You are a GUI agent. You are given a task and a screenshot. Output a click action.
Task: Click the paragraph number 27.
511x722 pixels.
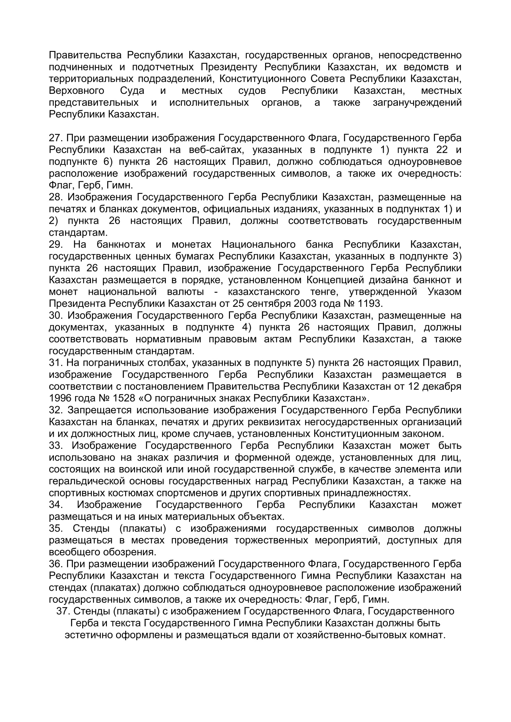(56, 138)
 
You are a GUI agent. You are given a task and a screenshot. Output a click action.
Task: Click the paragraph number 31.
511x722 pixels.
(56, 363)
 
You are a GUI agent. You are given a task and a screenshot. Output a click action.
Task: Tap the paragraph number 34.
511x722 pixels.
(56, 505)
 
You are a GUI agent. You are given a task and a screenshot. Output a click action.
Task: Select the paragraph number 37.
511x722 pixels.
(63, 611)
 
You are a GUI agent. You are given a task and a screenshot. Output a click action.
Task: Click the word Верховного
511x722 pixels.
(76, 90)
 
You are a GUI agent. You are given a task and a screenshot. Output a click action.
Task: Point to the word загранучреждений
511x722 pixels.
(417, 102)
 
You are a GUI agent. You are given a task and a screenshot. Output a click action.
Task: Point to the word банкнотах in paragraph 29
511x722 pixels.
(121, 244)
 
